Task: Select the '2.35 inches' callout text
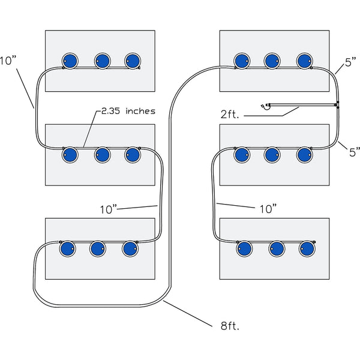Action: tap(127, 111)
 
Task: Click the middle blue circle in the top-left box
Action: tap(102, 61)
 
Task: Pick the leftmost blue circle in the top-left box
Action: tap(71, 61)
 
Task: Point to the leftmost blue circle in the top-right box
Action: tap(242, 61)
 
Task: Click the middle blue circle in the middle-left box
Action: tap(102, 155)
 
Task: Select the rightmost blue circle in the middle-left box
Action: tap(133, 155)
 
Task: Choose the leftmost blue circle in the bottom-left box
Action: tap(67, 248)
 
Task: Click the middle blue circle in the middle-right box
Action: tap(272, 155)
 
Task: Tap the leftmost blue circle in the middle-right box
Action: tap(242, 155)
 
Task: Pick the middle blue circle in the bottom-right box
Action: tap(277, 248)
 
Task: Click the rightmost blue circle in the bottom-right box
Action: tap(307, 248)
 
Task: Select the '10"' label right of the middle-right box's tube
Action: tap(267, 209)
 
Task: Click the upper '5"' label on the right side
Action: tap(351, 62)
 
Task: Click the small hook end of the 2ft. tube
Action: tap(265, 107)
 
